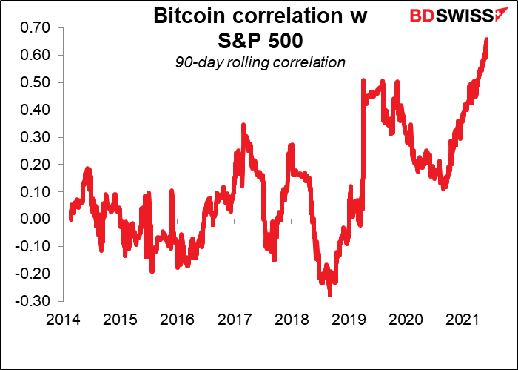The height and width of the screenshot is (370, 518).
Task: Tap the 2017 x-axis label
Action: [x=235, y=320]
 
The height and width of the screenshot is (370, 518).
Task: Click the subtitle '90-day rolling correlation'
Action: [x=260, y=62]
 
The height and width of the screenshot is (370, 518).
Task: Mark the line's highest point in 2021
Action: [x=486, y=39]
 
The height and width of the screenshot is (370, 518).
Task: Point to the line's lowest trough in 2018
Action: [x=329, y=294]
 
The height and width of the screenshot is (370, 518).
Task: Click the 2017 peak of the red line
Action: [x=243, y=126]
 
